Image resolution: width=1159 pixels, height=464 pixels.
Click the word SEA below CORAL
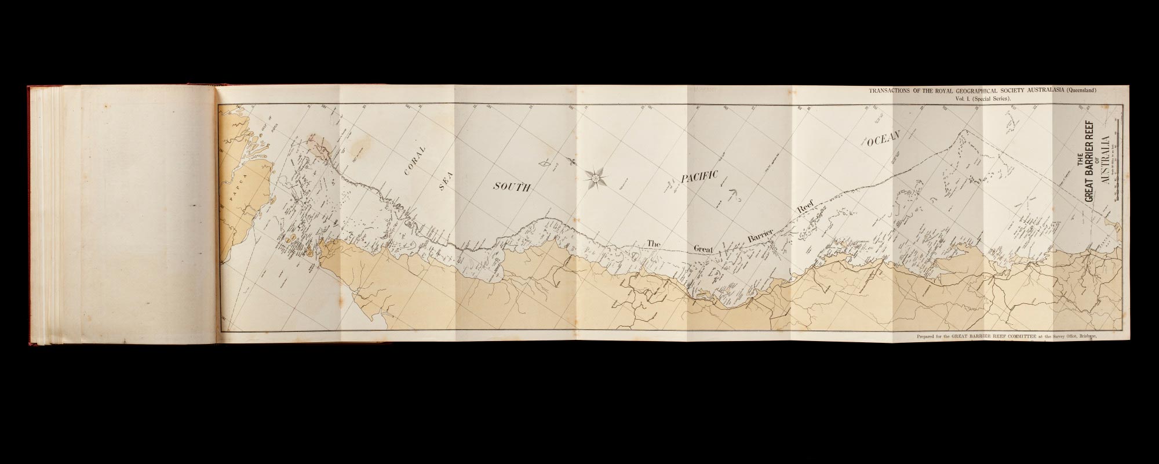[444, 186]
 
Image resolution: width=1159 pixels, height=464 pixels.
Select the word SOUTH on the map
[512, 186]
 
